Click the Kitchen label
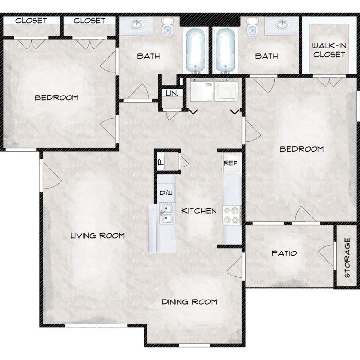click(199, 211)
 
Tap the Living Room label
click(97, 235)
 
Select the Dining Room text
click(190, 302)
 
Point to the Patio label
click(284, 253)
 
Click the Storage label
click(347, 258)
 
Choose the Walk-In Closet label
click(329, 50)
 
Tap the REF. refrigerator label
click(231, 163)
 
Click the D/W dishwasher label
click(166, 192)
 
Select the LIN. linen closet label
click(172, 93)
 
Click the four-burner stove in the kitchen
click(232, 215)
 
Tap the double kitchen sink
click(167, 214)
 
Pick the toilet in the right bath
click(252, 26)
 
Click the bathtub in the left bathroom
click(196, 50)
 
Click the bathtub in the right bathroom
click(225, 50)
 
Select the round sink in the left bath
click(137, 25)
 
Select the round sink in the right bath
click(282, 25)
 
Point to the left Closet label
click(31, 21)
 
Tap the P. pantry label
click(161, 162)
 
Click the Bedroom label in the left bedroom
click(57, 98)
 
